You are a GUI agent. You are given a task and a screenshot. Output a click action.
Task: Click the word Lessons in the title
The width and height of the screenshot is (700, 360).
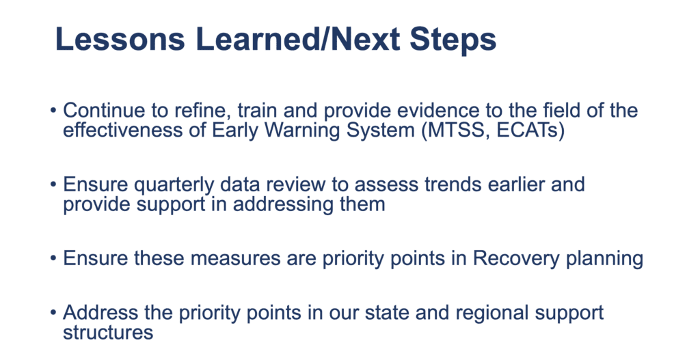(x=120, y=39)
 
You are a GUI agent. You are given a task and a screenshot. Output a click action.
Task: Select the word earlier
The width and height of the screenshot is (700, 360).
(x=516, y=184)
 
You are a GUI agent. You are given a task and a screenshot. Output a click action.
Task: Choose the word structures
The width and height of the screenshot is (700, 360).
(x=108, y=333)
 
